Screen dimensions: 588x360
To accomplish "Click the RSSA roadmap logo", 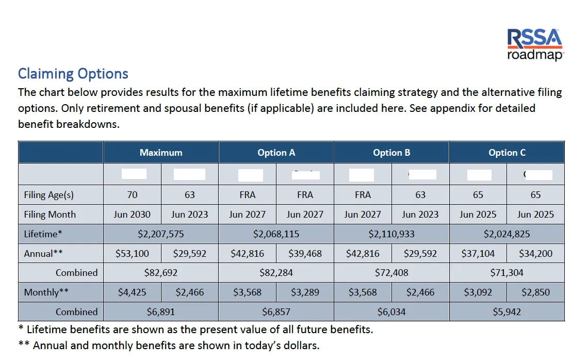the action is (535, 45).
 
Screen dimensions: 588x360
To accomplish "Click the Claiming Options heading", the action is (73, 74).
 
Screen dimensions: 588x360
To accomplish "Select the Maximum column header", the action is (161, 153).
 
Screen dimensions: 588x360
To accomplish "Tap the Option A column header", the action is (276, 153).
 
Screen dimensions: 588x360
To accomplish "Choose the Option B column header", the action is (391, 153).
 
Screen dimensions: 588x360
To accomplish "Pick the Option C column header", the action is (507, 153).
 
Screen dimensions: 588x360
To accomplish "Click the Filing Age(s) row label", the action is (49, 195).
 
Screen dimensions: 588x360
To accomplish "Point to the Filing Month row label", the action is (50, 215).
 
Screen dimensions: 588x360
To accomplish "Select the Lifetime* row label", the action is (43, 234).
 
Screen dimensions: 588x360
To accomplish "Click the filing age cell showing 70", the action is (132, 195).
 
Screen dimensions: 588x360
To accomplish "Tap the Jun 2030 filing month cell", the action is (132, 215).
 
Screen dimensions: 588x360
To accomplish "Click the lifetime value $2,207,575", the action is (161, 234).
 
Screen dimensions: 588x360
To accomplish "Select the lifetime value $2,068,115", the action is (276, 234).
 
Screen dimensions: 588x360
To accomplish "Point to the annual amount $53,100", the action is (132, 254).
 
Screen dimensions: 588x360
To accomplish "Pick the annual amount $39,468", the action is (305, 254).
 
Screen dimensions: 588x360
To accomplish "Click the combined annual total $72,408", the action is (391, 273).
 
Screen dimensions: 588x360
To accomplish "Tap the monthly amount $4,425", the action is (132, 292).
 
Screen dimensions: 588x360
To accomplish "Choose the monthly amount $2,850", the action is (535, 292).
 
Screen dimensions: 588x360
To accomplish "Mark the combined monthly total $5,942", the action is (507, 312).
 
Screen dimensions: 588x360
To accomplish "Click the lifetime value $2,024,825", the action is (507, 234).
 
